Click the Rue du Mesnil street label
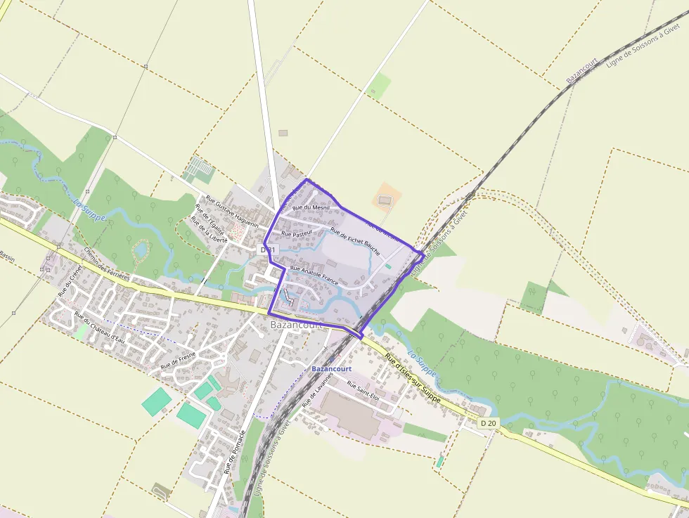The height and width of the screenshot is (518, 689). (310, 207)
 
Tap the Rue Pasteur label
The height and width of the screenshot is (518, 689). (296, 233)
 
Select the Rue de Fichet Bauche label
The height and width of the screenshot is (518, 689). (355, 242)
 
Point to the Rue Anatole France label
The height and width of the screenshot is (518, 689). (314, 275)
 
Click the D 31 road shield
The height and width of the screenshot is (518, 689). (269, 250)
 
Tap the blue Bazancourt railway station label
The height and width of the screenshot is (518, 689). (331, 368)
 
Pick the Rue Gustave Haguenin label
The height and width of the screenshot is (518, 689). (232, 212)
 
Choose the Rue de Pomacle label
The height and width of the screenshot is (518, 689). (236, 451)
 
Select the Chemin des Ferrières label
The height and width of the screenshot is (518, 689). (106, 264)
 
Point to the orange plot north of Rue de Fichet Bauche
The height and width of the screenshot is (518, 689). (385, 199)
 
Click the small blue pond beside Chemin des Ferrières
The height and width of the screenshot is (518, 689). (141, 250)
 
